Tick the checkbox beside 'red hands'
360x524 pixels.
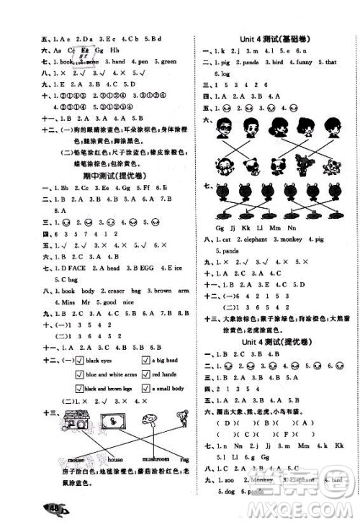(x=148, y=375)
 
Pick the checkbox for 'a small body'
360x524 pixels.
(x=148, y=389)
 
